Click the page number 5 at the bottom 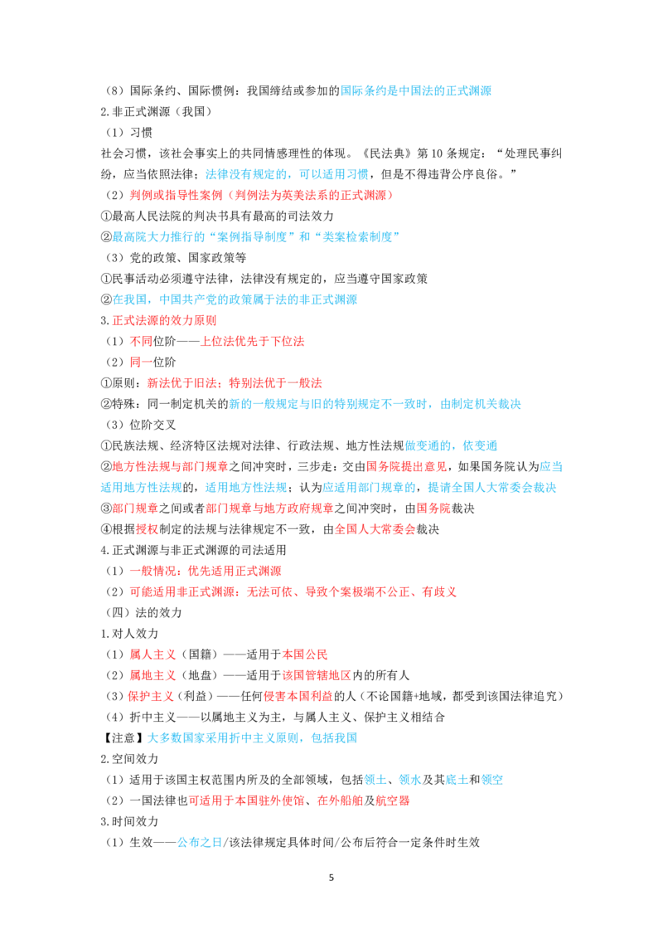[x=331, y=878]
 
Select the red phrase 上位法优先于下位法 [x=252, y=342]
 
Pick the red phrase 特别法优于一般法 [x=275, y=383]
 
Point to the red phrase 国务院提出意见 [x=406, y=467]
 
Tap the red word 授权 [x=148, y=529]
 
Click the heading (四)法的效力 [x=143, y=613]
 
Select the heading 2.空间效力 [x=129, y=759]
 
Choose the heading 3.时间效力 [x=129, y=821]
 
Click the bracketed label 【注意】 [x=123, y=738]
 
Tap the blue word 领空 [x=492, y=781]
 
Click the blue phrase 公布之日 [x=200, y=843]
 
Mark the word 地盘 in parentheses [x=199, y=675]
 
